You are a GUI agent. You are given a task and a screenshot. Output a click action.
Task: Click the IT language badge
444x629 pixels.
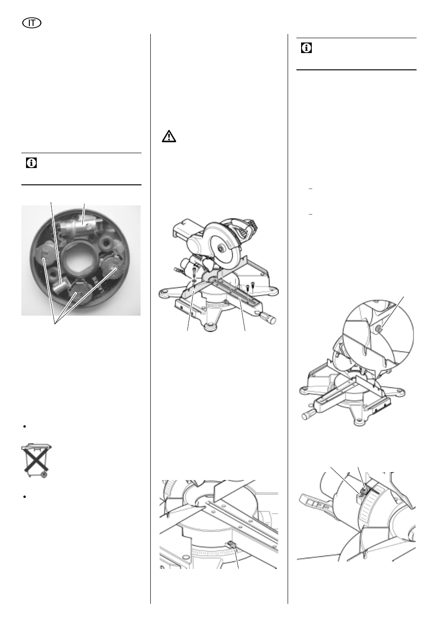point(32,23)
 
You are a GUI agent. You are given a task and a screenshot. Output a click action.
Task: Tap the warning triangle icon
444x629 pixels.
point(168,136)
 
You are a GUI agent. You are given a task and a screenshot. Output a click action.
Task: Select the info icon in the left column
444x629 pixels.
point(31,163)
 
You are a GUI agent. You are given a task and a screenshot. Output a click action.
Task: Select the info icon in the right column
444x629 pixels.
point(306,48)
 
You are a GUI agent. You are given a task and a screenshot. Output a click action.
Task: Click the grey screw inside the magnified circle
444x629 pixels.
point(379,330)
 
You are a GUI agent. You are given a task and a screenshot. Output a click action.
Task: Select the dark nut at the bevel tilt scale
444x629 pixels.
point(363,490)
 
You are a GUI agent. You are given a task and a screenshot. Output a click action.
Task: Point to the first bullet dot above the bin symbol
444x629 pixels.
point(25,426)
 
